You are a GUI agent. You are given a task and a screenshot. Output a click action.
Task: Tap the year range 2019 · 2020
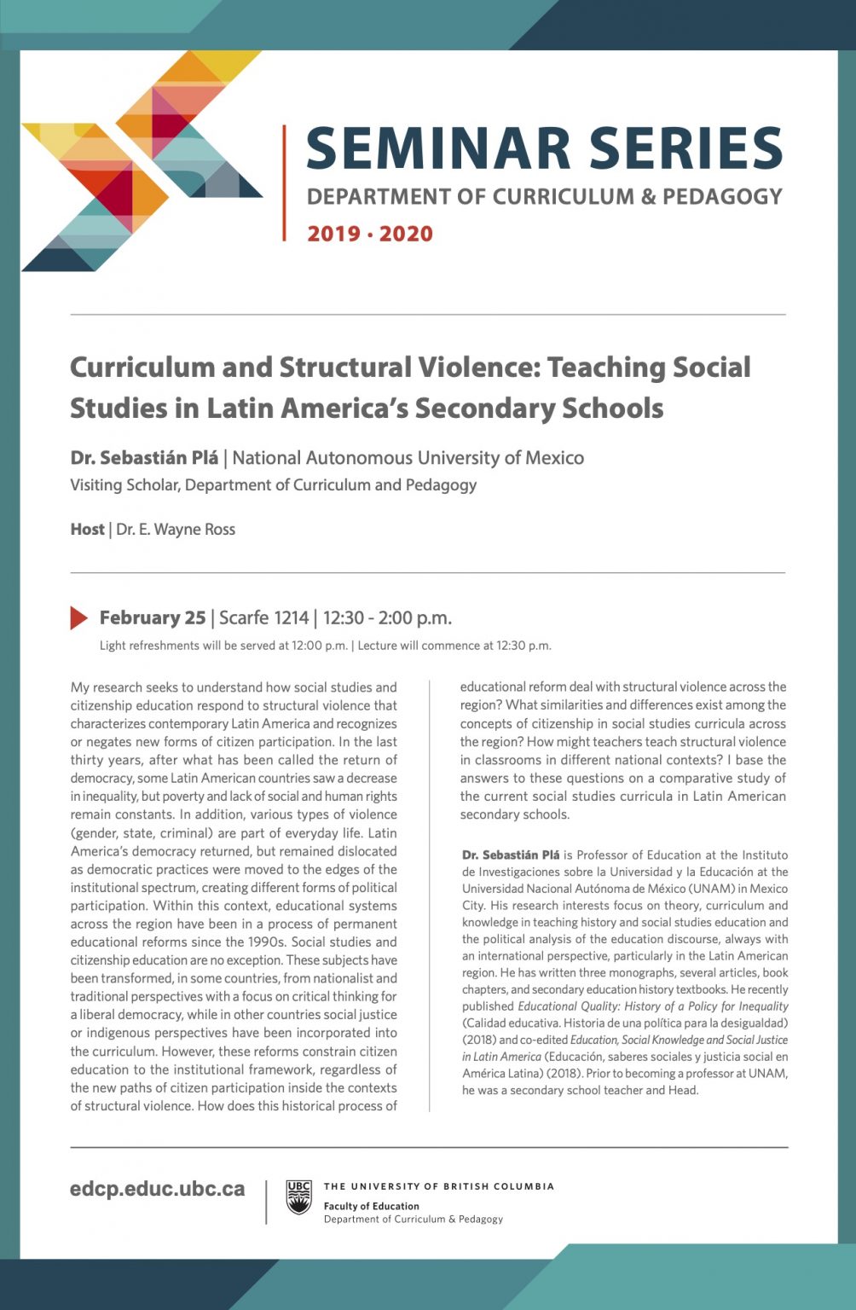click(x=370, y=234)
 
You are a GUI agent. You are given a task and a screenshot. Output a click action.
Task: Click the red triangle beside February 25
click(x=79, y=617)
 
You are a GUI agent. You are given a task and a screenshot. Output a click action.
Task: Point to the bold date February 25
click(x=153, y=617)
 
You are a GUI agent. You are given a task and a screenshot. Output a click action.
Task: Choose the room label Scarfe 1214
click(x=264, y=617)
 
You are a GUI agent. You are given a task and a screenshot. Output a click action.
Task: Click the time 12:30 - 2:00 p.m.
click(x=387, y=617)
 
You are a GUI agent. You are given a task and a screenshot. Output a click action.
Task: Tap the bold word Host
click(x=87, y=530)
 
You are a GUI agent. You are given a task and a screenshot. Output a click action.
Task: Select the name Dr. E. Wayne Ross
click(x=176, y=530)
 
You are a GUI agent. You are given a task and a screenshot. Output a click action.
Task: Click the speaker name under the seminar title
click(x=144, y=458)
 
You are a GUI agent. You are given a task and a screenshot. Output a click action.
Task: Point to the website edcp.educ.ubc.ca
click(x=158, y=1189)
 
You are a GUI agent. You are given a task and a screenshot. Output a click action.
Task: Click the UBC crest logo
click(x=298, y=1197)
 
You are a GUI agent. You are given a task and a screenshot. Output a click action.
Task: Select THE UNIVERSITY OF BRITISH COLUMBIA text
click(x=439, y=1186)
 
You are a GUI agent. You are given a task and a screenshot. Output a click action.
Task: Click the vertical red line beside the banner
click(x=284, y=183)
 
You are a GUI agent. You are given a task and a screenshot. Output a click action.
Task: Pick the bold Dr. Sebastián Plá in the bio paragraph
click(x=511, y=855)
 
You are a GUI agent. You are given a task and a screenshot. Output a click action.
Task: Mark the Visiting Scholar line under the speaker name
click(x=273, y=485)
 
